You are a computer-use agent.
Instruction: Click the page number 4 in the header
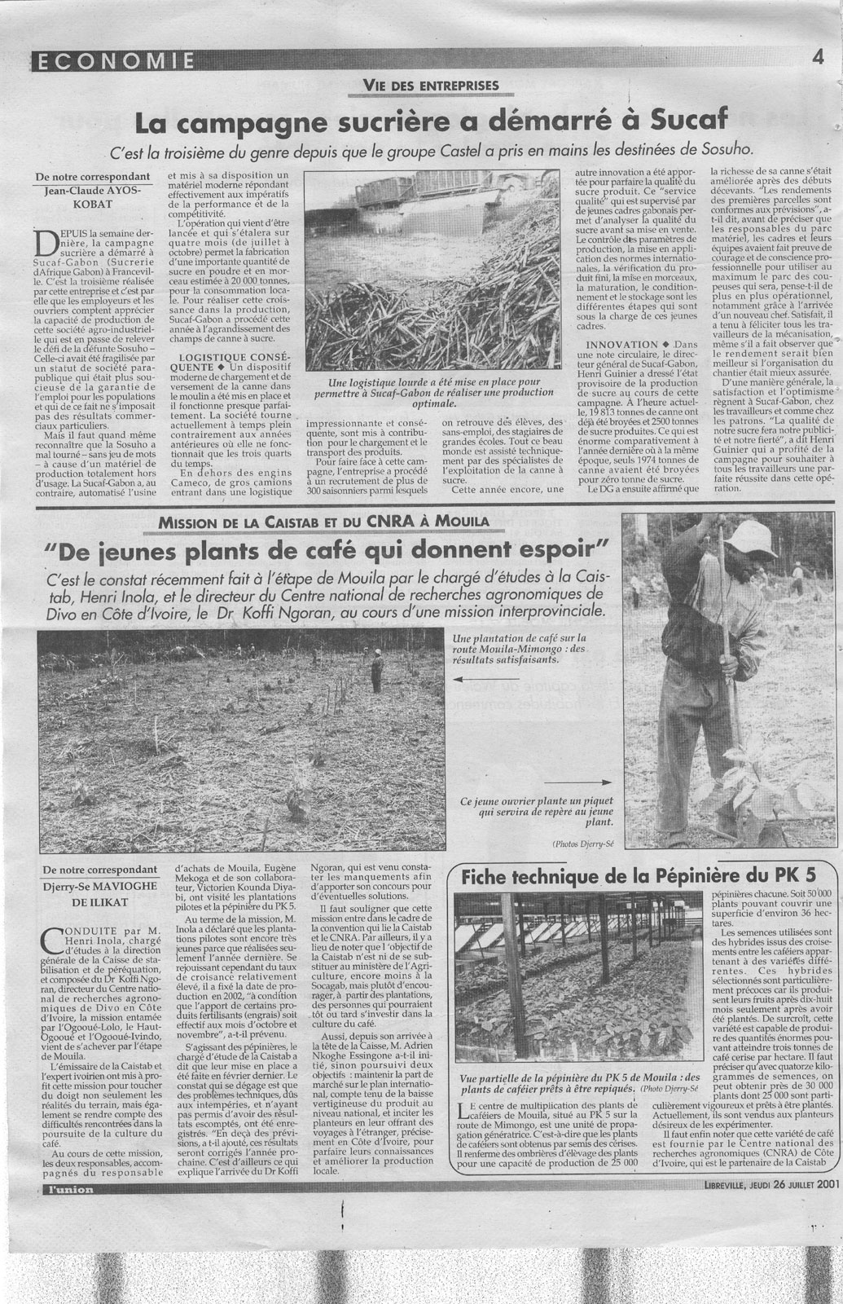coord(815,58)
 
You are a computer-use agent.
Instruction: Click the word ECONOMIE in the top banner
coord(115,60)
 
